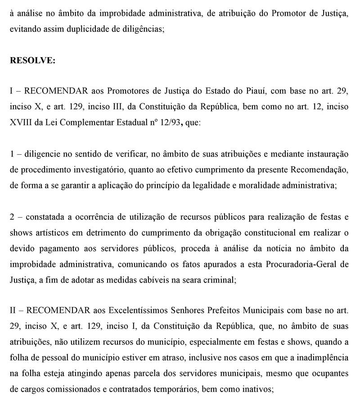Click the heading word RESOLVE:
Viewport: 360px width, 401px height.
click(x=32, y=61)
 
